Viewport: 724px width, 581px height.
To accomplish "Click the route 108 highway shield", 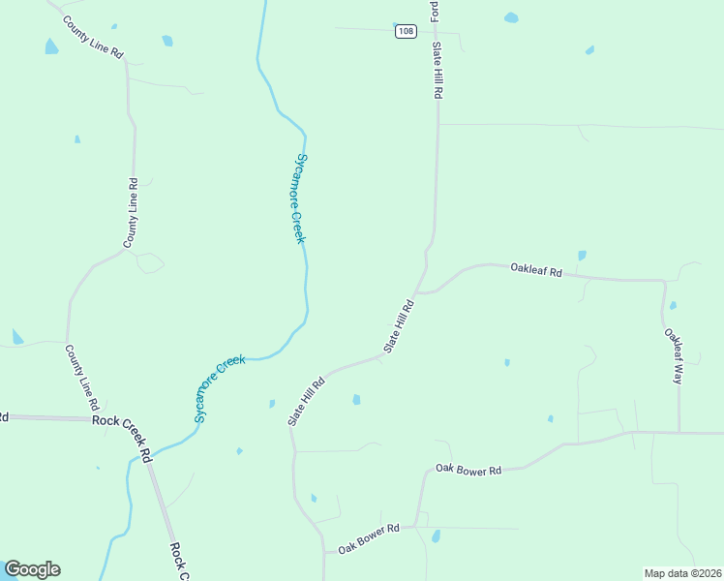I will (x=406, y=32).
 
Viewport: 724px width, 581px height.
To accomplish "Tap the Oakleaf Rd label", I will (x=536, y=271).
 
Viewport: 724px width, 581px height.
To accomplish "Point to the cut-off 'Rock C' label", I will (x=178, y=561).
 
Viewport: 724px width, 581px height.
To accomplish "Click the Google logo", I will (x=32, y=569).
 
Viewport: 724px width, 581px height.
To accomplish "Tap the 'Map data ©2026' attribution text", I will (x=682, y=573).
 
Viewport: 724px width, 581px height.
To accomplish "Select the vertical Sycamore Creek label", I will (x=300, y=199).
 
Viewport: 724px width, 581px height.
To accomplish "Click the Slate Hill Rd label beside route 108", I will (x=437, y=71).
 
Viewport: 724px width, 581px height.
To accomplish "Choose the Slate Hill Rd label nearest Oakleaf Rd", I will (x=400, y=326).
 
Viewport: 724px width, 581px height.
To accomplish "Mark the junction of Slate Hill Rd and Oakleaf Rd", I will (x=416, y=291).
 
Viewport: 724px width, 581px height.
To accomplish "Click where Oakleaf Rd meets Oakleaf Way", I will (x=664, y=282).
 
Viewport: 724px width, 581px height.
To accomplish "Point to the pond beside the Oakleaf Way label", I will (x=673, y=305).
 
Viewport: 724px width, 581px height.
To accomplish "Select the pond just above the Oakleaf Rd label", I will (x=582, y=256).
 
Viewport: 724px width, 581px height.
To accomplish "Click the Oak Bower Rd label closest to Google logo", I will (x=369, y=538).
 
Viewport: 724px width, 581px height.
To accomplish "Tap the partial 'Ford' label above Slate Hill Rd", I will (x=436, y=10).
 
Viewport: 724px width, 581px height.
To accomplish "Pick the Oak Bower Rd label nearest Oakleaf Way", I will (x=468, y=470).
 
